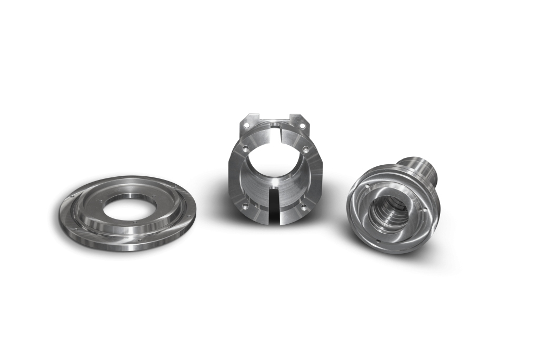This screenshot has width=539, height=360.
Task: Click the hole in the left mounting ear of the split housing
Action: [x=246, y=125]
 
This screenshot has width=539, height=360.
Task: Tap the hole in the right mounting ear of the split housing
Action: [x=304, y=126]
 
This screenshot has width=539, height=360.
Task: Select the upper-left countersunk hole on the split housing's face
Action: [x=245, y=149]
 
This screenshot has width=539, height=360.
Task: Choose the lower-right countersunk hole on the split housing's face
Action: [x=304, y=207]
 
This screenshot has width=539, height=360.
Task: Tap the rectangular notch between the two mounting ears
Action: [x=275, y=117]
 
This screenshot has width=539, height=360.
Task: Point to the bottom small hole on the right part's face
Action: [x=378, y=242]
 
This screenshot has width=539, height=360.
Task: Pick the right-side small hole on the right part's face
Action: [x=424, y=211]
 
